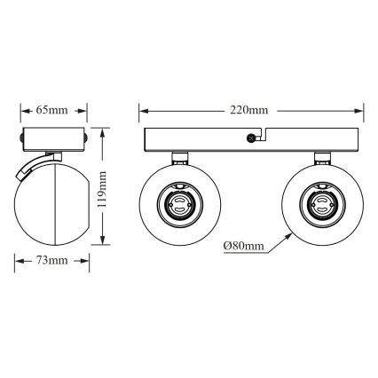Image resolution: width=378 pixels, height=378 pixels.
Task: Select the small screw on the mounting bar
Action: click(x=253, y=138)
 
